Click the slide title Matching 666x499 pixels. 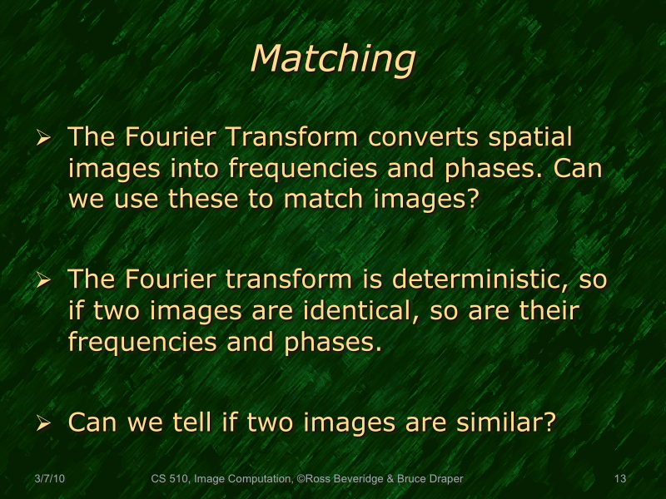[x=332, y=59]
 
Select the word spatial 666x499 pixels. [x=530, y=136]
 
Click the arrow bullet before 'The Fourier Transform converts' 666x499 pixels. [x=45, y=136]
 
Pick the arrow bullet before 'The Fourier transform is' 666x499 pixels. [x=45, y=279]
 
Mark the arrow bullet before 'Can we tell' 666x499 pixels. [x=45, y=422]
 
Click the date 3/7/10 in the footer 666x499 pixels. [x=51, y=479]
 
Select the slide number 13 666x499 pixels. [x=619, y=479]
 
